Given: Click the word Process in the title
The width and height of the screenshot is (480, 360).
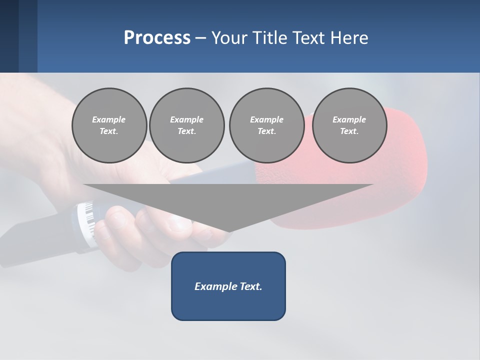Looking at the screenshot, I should (157, 38).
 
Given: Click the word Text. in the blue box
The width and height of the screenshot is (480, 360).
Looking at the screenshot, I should (250, 286).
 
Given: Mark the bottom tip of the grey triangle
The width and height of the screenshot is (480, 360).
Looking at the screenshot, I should (229, 231).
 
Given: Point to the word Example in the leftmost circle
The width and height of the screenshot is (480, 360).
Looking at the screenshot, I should (109, 119).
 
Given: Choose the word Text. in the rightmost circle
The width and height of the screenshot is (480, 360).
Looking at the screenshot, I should (349, 131).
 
